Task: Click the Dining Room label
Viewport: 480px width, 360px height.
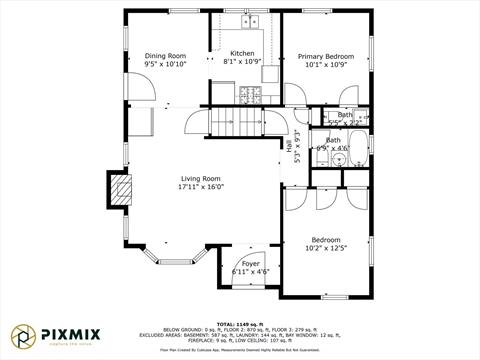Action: click(165, 55)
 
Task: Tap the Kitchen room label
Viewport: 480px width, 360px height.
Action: click(242, 53)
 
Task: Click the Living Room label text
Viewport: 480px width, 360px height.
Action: click(201, 178)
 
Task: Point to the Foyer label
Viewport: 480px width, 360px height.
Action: click(250, 263)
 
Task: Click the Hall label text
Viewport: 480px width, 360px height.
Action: click(290, 145)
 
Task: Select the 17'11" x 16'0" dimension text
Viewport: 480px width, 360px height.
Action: click(201, 187)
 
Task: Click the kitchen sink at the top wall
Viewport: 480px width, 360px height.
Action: click(249, 21)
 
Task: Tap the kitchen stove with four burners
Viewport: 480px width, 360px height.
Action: click(248, 94)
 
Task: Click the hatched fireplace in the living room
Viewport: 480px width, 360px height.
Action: click(120, 190)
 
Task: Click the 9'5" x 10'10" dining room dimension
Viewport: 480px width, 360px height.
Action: click(165, 64)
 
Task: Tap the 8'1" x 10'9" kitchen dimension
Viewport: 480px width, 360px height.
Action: click(242, 62)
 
